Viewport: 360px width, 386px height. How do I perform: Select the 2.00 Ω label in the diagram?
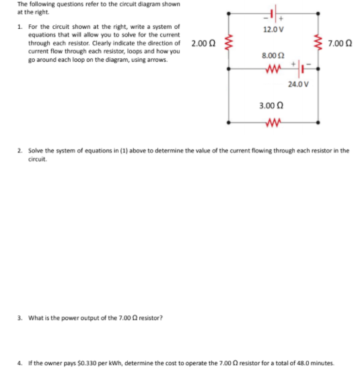pyautogui.click(x=203, y=44)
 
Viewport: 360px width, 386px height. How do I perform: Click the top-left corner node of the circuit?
pyautogui.click(x=229, y=13)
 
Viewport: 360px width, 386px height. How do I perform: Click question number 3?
pyautogui.click(x=20, y=317)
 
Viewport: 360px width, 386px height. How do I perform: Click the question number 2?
pyautogui.click(x=20, y=151)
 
